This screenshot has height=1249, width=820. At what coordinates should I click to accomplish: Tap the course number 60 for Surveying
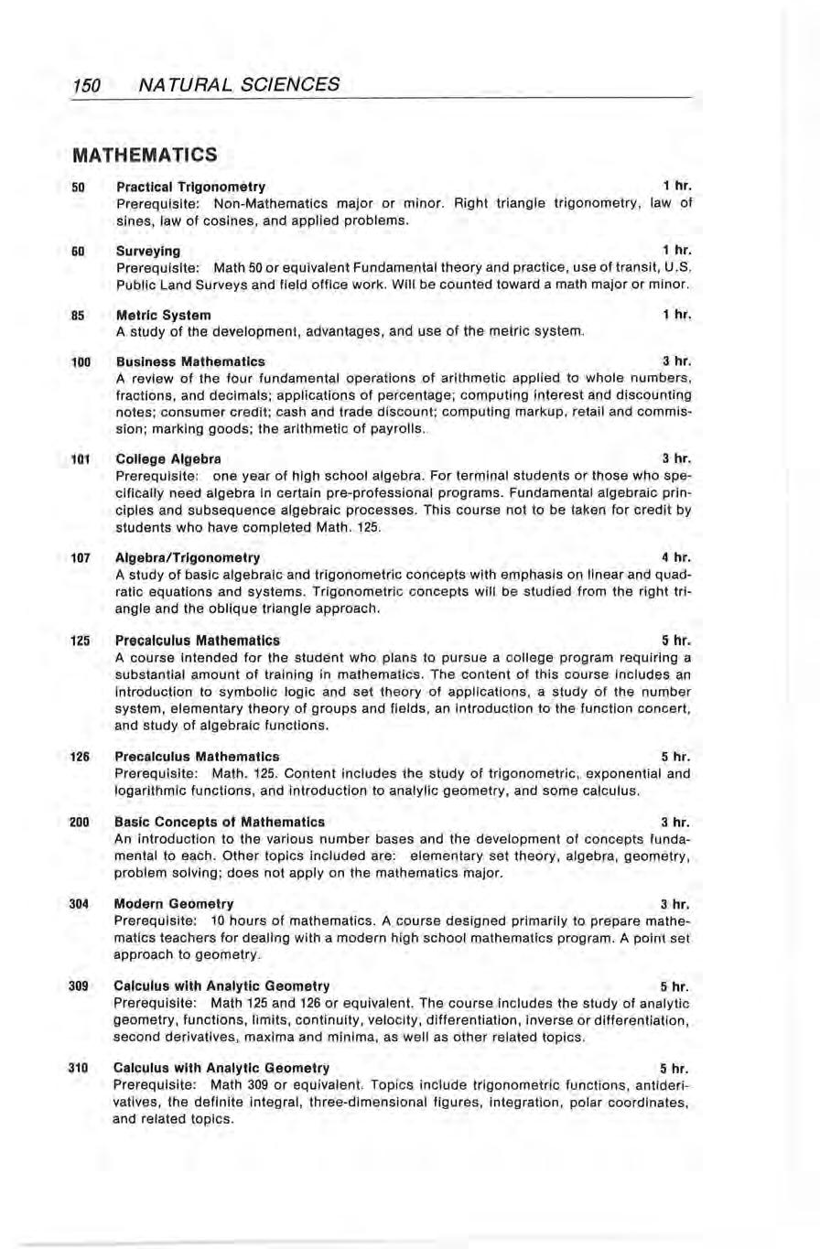pyautogui.click(x=78, y=251)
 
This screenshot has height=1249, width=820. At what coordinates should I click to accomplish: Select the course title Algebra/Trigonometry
pyautogui.click(x=188, y=557)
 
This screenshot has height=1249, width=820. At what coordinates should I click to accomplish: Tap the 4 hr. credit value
pyautogui.click(x=675, y=557)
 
